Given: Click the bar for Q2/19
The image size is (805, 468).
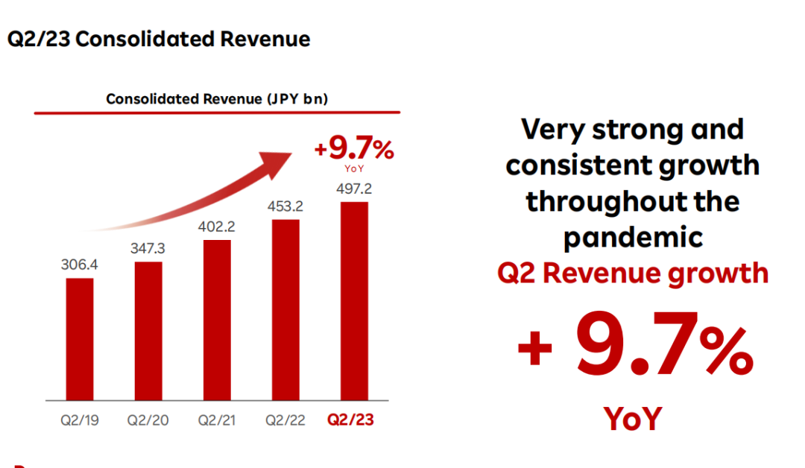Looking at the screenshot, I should tap(80, 339).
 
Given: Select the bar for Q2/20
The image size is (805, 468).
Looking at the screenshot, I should tap(148, 331).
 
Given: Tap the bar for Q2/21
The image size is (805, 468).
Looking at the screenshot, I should tap(217, 320).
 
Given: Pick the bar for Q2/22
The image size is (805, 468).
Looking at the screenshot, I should tap(285, 310).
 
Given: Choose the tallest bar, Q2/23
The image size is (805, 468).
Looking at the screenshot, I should tap(354, 301).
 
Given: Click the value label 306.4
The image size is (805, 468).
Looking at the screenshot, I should tap(80, 265).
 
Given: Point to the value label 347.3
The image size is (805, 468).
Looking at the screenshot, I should tap(148, 248).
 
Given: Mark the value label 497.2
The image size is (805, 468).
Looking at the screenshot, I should tap(354, 189).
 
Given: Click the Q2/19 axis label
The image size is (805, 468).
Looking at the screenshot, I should tap(79, 420).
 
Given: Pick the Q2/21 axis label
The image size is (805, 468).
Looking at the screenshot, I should tap(216, 420).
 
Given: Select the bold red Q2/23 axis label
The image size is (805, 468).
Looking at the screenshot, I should tap(351, 420).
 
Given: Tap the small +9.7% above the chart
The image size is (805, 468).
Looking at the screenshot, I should tap(354, 150).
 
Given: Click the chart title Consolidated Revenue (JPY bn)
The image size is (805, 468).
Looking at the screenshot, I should tap(217, 99).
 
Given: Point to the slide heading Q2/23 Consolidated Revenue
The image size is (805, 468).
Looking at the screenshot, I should tap(159, 39).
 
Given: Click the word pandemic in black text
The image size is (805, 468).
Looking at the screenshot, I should tap(633, 237).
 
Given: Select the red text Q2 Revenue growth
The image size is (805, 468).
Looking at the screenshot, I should tap(633, 273).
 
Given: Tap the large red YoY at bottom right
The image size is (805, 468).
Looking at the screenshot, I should tap(633, 419).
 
